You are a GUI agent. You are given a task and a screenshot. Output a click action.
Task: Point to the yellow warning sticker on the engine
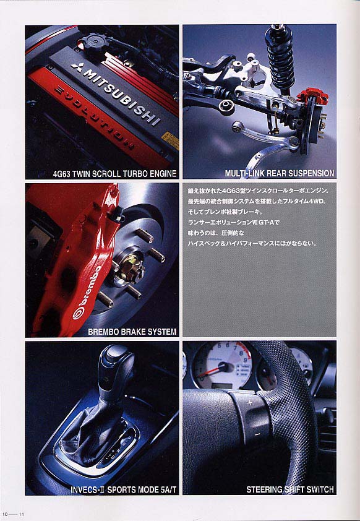(170, 140)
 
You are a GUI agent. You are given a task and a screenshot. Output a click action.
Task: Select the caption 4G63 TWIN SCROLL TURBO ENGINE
(114, 173)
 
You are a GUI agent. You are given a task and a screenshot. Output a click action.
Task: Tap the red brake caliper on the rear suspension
(312, 96)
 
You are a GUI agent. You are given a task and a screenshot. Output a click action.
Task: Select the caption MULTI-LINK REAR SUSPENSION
(280, 173)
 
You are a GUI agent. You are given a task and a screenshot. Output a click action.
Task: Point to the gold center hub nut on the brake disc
(131, 265)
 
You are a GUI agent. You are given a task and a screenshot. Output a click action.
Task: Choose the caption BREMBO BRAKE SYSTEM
(132, 332)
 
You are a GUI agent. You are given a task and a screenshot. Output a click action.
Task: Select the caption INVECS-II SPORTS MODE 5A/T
(124, 489)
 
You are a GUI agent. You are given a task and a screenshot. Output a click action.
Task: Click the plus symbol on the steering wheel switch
(250, 403)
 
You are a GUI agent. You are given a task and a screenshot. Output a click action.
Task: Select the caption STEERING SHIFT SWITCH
(290, 489)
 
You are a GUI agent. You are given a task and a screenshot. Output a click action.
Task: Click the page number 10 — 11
(13, 514)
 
